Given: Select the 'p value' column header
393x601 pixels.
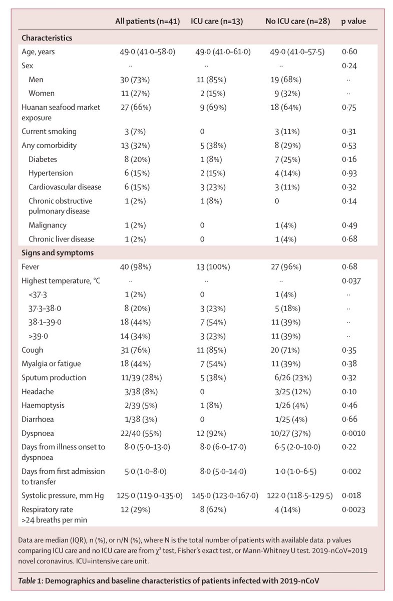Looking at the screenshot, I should (x=353, y=22).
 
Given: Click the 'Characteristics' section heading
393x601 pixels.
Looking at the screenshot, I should (x=47, y=38).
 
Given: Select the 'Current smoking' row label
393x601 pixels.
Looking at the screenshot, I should (x=49, y=131).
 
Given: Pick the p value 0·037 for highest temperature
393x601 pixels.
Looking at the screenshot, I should (x=351, y=281).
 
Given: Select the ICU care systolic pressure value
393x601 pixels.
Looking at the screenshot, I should (x=225, y=495).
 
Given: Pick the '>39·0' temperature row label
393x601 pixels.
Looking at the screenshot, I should (x=39, y=336).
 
